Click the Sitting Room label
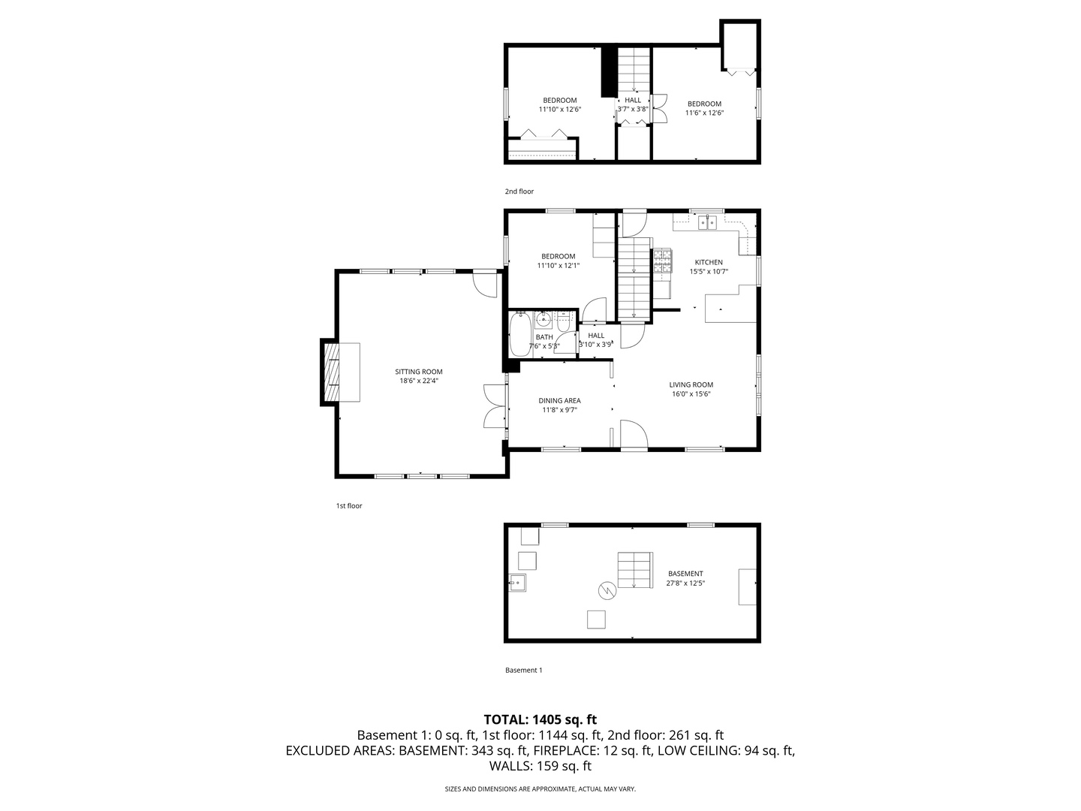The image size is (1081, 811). pos(419,372)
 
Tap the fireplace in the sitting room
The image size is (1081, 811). pos(331,373)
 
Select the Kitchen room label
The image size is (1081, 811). pos(708,262)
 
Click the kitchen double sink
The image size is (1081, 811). pos(708,222)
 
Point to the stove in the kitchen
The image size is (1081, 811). pos(662,260)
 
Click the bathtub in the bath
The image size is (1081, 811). pos(520,336)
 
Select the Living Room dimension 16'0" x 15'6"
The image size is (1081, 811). pos(691,393)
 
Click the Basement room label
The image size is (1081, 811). pos(685,574)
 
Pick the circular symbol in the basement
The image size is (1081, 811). pos(607,591)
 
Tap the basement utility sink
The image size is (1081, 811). pos(517,582)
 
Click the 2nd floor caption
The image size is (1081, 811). pos(519,191)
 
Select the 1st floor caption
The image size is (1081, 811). pos(349,506)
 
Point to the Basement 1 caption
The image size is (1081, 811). pos(523,670)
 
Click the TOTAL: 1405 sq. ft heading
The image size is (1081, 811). pos(540,719)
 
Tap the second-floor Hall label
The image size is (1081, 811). pos(633,100)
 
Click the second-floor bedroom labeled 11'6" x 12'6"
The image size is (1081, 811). pos(704,109)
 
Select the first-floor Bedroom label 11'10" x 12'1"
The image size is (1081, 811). pos(559,261)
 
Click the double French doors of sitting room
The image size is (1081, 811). pos(493,406)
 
